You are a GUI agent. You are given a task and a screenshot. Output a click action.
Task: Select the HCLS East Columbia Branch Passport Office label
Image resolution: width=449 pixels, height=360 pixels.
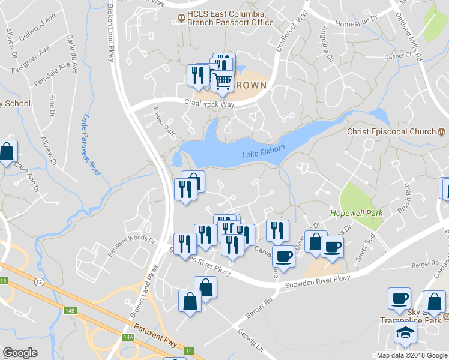[229, 18]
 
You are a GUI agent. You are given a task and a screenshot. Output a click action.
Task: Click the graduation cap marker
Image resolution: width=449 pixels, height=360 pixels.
[405, 334]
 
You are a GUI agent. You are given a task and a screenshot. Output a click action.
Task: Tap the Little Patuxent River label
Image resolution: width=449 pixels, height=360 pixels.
[91, 144]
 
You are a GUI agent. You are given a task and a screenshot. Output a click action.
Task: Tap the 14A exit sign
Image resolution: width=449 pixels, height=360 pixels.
[128, 337]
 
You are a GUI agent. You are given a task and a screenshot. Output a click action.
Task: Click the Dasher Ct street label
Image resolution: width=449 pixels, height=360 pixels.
[402, 55]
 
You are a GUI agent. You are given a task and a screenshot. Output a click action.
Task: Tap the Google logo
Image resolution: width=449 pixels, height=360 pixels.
[20, 353]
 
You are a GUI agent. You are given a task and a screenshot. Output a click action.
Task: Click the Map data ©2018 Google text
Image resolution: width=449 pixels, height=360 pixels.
[411, 355]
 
